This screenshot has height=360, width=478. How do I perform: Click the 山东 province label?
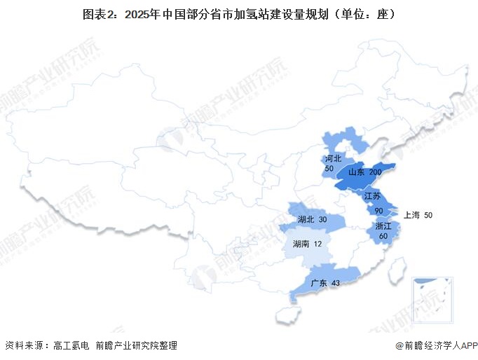tap(355, 172)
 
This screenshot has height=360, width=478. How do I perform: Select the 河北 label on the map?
tap(333, 159)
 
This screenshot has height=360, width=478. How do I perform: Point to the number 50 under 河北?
tap(329, 169)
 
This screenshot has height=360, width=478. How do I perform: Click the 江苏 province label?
tap(372, 195)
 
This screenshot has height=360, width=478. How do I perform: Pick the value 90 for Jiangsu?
tap(378, 210)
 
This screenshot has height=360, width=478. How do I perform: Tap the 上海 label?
tap(411, 215)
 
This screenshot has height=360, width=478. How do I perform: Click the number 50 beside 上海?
tap(428, 215)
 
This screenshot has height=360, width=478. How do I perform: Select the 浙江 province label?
tap(383, 226)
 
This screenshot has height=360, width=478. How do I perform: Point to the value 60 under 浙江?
tap(383, 236)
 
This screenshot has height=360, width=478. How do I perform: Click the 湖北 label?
tap(306, 220)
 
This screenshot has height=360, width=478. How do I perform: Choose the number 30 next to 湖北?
tap(322, 220)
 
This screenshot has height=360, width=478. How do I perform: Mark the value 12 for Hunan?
tap(318, 244)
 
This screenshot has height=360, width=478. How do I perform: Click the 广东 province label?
tap(318, 282)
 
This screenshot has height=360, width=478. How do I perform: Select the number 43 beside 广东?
tap(335, 282)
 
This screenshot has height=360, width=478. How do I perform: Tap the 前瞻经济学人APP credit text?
tap(439, 345)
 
